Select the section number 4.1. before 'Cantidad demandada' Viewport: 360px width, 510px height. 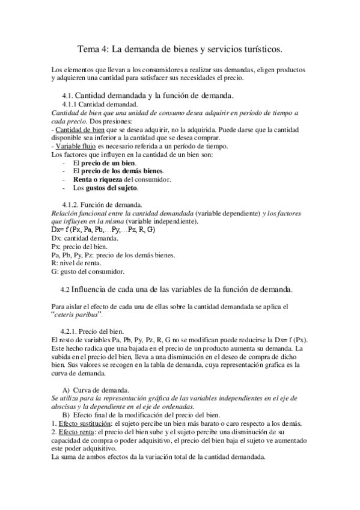(67, 96)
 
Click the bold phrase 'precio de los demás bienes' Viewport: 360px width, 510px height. (122, 171)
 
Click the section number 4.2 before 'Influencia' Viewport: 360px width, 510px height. (66, 289)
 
